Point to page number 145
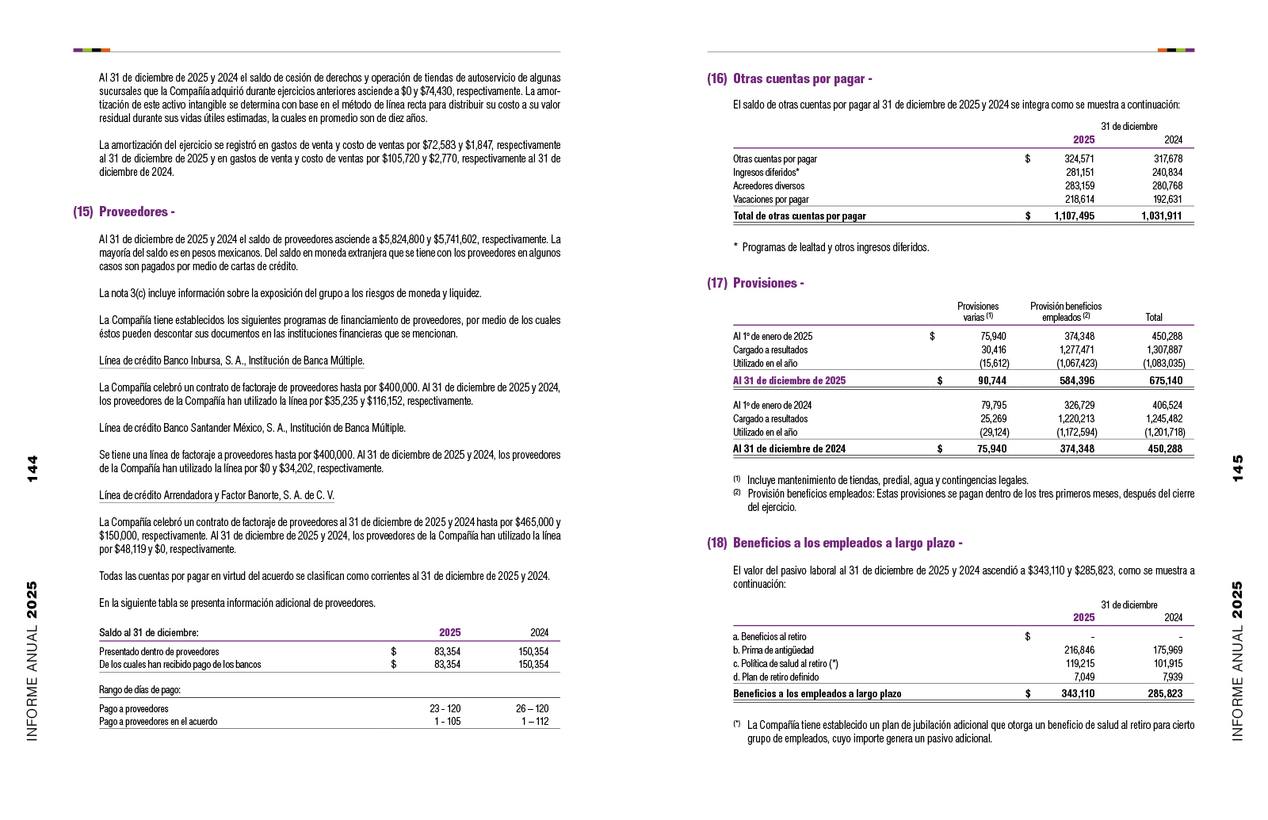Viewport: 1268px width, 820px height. pos(1238,467)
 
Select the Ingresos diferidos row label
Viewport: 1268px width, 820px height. pos(766,172)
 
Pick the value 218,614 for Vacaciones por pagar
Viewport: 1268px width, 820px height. pos(1079,200)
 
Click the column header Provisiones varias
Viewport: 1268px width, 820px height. pos(978,311)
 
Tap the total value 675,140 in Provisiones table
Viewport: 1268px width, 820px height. pos(1165,380)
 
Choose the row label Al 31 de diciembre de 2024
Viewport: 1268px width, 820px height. pos(789,448)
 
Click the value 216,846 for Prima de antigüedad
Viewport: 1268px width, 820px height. pos(1079,650)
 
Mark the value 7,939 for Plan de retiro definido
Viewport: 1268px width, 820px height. pos(1172,677)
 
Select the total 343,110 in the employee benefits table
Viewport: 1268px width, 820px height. pos(1078,693)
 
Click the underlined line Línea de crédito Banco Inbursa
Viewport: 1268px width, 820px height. pos(231,360)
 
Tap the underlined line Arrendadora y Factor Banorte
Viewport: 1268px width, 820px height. pos(216,495)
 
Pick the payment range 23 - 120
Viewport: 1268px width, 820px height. pos(445,708)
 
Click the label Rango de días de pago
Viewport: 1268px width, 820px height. pos(139,689)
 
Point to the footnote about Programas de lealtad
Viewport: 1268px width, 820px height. pos(831,247)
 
